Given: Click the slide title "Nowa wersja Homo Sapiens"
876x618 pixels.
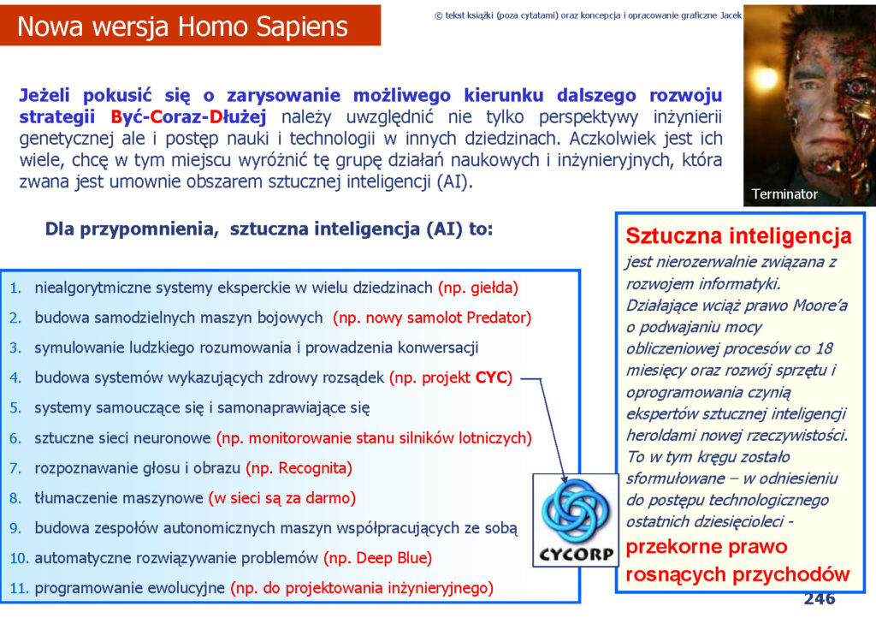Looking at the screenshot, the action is pyautogui.click(x=183, y=27).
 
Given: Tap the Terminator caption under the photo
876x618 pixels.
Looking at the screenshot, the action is pyautogui.click(x=784, y=194).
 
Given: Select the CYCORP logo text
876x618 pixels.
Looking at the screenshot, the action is pyautogui.click(x=576, y=554).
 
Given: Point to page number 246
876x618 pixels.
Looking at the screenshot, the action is pyautogui.click(x=819, y=598).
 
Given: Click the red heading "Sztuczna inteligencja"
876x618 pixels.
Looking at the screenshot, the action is pyautogui.click(x=738, y=235).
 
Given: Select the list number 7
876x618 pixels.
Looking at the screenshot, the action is pyautogui.click(x=15, y=468).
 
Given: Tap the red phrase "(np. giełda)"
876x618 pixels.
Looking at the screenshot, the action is pyautogui.click(x=478, y=288).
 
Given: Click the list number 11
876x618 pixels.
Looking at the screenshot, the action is pyautogui.click(x=19, y=588).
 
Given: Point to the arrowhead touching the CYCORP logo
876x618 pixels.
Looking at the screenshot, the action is pyautogui.click(x=565, y=478).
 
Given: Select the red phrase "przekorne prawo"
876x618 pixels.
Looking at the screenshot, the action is pyautogui.click(x=707, y=546).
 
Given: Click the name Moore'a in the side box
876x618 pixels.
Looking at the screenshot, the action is pyautogui.click(x=821, y=305).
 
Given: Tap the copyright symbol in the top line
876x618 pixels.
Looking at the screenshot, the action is pyautogui.click(x=439, y=15).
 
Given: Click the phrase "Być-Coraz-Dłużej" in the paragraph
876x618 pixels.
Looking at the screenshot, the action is pyautogui.click(x=188, y=116).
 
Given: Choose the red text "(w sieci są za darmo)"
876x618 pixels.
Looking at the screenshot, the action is pyautogui.click(x=282, y=498).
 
